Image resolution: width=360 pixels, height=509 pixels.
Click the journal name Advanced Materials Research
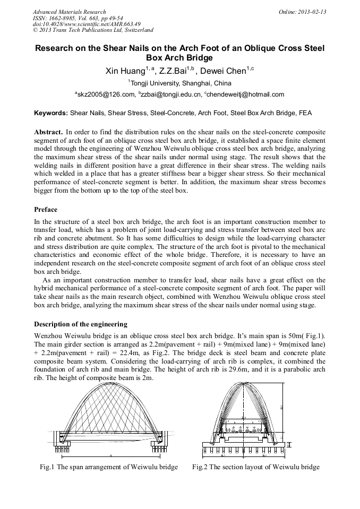pos(69,12)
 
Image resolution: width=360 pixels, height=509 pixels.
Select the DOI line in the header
pos(87,24)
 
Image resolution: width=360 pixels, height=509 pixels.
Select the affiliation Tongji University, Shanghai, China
pos(181,83)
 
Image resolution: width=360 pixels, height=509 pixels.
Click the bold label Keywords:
pos(51,113)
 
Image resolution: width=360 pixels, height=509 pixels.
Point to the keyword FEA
pos(306,113)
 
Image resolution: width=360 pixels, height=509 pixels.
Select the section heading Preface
pos(46,210)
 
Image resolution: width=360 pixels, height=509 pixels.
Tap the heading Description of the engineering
pos(81,324)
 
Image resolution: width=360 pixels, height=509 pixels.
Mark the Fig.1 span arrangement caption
pos(109,467)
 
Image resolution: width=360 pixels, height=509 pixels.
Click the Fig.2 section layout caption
pos(256,467)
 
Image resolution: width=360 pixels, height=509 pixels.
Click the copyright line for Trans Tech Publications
pos(93,30)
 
